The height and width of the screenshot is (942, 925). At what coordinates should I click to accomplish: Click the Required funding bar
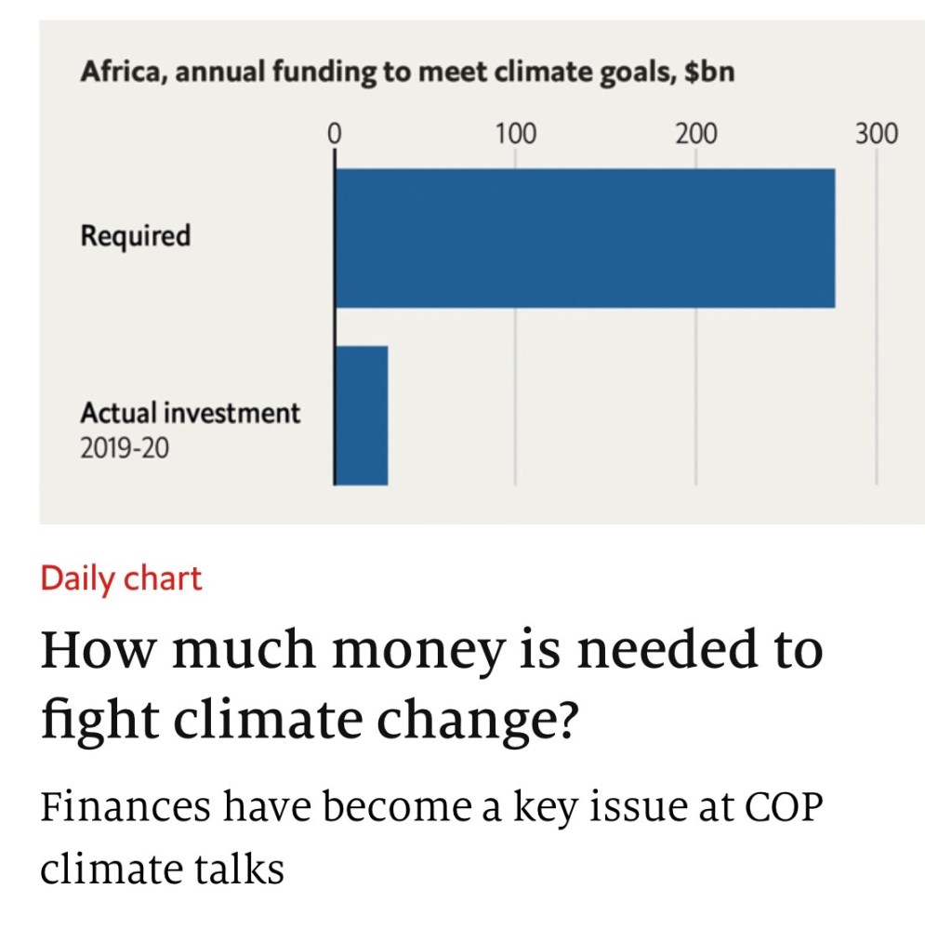tap(584, 238)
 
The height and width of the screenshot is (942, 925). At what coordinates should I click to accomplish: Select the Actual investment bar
tap(361, 415)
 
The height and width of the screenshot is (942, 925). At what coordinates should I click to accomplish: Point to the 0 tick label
tap(335, 134)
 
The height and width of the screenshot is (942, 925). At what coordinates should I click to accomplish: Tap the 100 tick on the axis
tap(515, 134)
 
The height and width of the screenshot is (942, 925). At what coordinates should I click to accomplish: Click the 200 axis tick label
tap(695, 134)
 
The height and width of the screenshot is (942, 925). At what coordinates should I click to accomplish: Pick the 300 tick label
tap(876, 134)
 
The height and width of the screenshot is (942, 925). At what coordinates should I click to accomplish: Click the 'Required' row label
tap(135, 236)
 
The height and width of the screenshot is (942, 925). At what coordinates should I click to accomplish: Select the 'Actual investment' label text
tap(190, 413)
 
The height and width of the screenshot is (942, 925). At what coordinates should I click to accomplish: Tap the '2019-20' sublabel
tap(125, 451)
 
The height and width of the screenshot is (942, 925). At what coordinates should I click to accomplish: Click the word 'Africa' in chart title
tap(118, 73)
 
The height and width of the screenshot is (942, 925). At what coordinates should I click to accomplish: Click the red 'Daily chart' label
tap(121, 578)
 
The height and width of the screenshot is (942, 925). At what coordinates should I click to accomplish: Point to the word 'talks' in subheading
tap(238, 869)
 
